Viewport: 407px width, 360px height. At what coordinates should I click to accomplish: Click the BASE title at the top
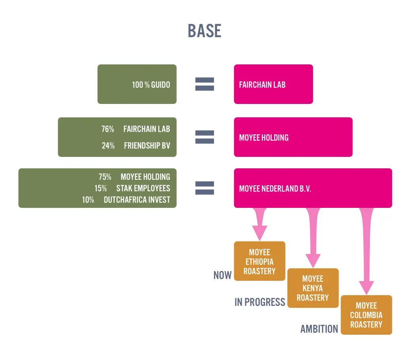coord(204,31)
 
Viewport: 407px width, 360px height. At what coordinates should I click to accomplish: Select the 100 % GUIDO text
coord(151,85)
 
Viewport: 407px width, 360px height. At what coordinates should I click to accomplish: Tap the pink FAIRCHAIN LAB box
coord(273,84)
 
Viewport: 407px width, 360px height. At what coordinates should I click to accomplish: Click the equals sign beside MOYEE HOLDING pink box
coord(204,137)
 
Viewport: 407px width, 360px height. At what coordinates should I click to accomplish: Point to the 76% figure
coord(108,129)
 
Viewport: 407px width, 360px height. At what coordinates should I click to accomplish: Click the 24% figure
coord(108,145)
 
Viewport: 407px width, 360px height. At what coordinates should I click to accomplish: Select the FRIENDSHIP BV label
coord(147,145)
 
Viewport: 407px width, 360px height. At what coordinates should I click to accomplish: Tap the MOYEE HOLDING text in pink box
coord(264,138)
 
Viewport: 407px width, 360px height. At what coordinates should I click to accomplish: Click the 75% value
coord(105,177)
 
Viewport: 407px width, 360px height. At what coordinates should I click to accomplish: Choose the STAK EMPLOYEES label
coord(143,188)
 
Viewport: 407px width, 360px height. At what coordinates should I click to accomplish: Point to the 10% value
coord(88,200)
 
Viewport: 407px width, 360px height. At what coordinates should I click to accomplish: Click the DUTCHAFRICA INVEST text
coord(137,200)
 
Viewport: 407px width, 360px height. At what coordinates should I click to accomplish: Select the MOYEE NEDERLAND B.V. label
coord(275,188)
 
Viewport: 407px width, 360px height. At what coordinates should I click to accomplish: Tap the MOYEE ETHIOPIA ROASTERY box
coord(259,261)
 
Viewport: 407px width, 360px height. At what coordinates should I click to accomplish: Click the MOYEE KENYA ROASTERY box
coord(312,288)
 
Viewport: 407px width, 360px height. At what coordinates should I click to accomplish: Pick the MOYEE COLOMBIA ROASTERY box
coord(366,315)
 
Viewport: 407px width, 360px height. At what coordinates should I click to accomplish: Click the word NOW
coord(222,275)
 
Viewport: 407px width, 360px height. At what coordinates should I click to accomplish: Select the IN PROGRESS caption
coord(259,302)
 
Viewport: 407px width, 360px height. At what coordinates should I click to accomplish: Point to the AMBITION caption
coord(319,329)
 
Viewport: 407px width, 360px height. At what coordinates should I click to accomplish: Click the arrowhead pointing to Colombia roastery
coord(366,287)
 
